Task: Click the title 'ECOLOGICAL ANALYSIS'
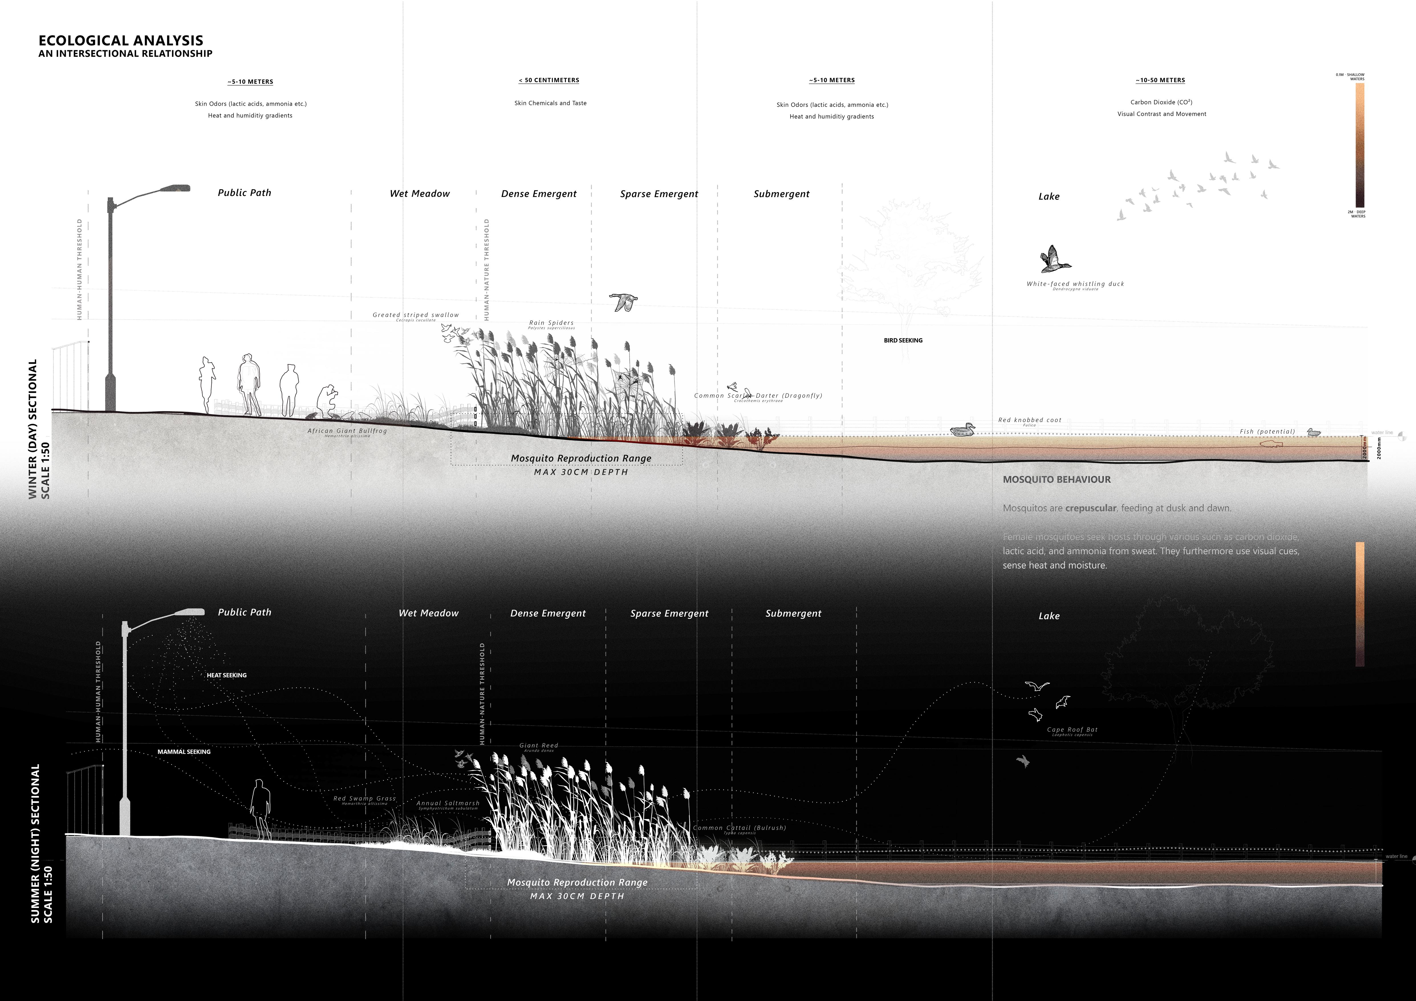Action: pyautogui.click(x=121, y=41)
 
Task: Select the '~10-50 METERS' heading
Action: pyautogui.click(x=1160, y=80)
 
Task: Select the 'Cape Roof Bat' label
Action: pyautogui.click(x=1072, y=730)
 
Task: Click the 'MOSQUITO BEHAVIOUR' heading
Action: pyautogui.click(x=1057, y=479)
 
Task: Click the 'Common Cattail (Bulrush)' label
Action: pyautogui.click(x=740, y=828)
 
